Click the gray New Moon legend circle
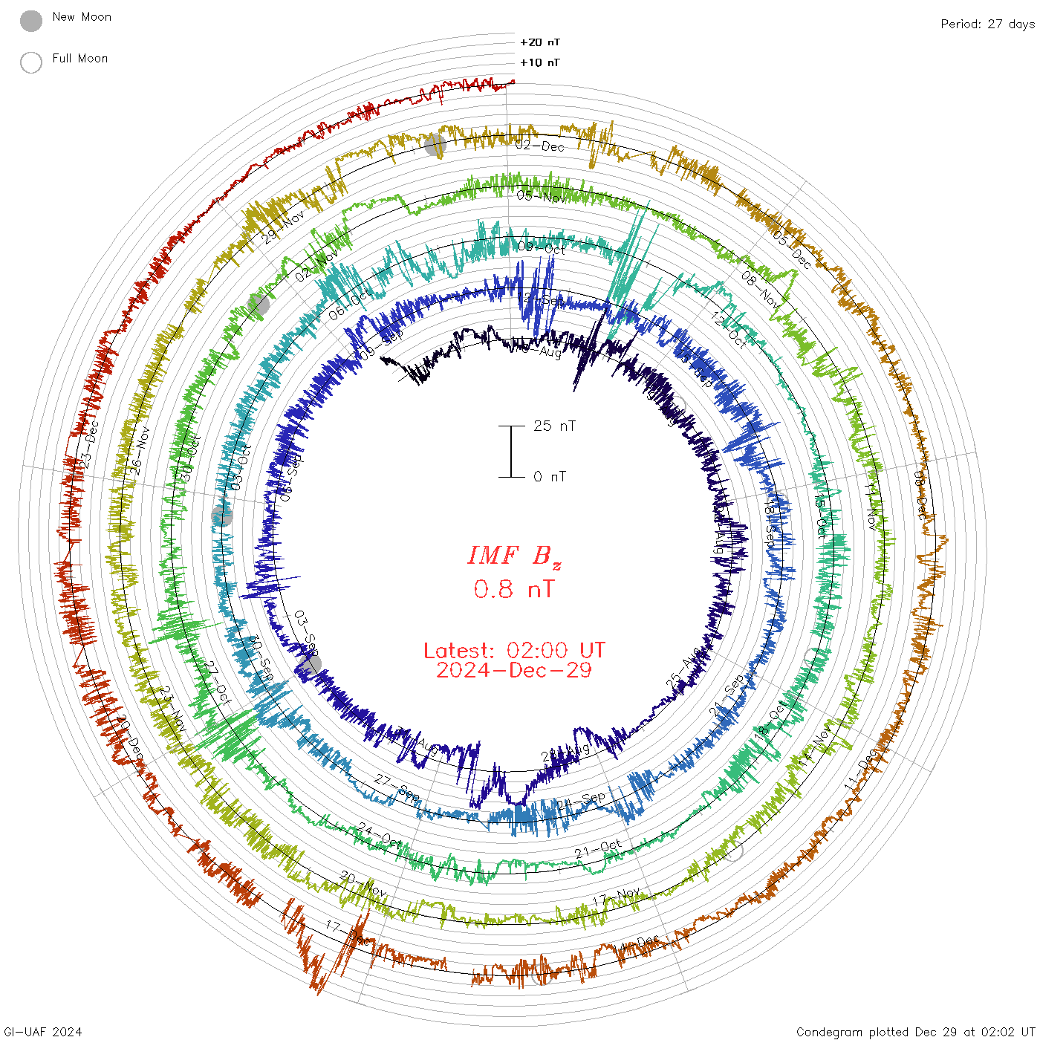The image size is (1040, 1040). point(31,21)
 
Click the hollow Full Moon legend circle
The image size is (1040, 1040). point(31,62)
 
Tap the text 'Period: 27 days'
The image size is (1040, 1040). point(987,24)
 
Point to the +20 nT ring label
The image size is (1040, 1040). point(539,42)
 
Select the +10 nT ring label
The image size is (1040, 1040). point(539,62)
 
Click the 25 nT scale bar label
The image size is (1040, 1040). point(554,426)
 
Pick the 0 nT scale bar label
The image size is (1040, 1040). point(549,476)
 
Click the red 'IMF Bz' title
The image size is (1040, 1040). point(514,556)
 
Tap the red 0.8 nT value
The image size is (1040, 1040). point(513,589)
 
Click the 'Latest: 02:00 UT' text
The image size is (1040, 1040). point(514,650)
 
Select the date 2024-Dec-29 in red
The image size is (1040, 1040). point(514,670)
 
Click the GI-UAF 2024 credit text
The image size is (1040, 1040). point(42,1031)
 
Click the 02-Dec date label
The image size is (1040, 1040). point(540,146)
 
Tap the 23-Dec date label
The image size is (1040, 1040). point(89,443)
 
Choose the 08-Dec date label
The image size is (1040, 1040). point(920,494)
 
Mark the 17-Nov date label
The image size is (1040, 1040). point(616,897)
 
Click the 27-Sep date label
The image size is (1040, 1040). point(397,787)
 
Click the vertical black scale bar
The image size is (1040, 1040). point(511,451)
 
